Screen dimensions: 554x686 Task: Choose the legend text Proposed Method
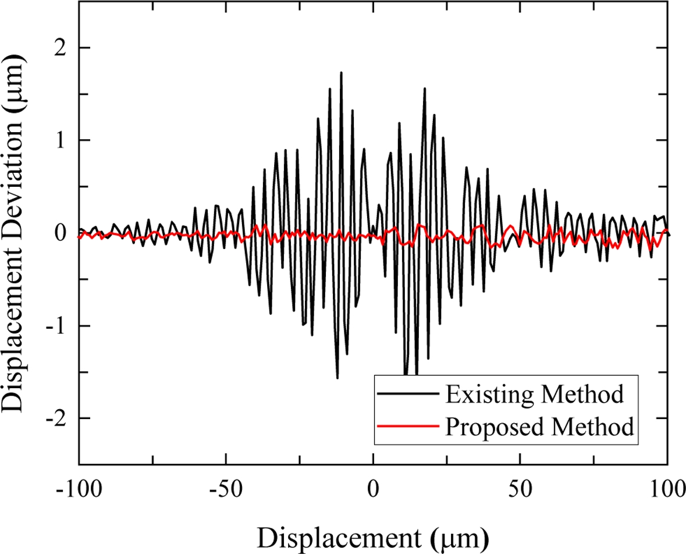click(539, 427)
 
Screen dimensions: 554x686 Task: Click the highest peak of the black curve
click(341, 73)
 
